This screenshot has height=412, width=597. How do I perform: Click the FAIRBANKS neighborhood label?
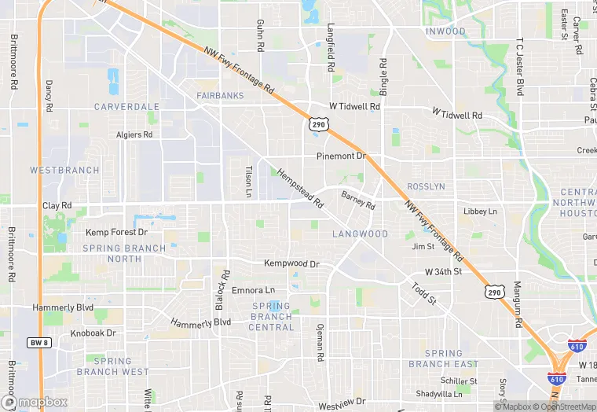[x=220, y=96]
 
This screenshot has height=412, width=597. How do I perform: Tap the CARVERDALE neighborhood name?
[x=126, y=106]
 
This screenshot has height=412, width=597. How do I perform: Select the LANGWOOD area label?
[x=360, y=234]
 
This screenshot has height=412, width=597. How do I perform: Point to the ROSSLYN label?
[x=426, y=186]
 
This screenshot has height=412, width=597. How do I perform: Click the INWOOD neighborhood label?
[x=445, y=31]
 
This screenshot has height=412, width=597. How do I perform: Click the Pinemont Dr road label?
[x=342, y=156]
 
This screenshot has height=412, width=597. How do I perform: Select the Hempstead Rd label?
[x=301, y=189]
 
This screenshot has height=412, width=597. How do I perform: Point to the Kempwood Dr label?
[x=292, y=264]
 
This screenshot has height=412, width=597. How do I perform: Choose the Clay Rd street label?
[x=57, y=206]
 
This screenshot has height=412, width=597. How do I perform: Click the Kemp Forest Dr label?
[x=116, y=233]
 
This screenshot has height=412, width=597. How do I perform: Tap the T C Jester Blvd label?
[x=519, y=67]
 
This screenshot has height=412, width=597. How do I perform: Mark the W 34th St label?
[x=443, y=271]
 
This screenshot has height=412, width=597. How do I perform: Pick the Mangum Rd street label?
[x=518, y=304]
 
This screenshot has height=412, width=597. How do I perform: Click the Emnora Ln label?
[x=254, y=290]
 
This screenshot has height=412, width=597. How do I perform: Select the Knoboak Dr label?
[x=93, y=333]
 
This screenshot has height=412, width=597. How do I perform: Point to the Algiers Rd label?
[x=134, y=134]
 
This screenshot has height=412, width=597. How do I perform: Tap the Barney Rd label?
[x=358, y=200]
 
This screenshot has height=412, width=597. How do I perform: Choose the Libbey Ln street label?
[x=481, y=212]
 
